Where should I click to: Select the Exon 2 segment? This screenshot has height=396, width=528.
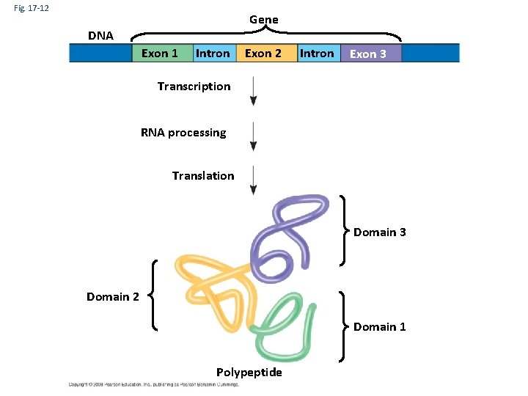pos(263,53)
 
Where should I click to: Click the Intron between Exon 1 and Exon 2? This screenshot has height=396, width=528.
pos(213,53)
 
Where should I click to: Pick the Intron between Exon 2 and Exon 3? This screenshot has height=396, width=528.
pos(318,53)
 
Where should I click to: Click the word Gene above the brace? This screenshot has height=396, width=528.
pos(263,19)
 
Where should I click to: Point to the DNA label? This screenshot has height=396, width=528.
pos(100,35)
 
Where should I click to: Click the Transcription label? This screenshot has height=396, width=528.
pos(194,87)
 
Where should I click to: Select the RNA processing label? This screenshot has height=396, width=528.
pos(183,133)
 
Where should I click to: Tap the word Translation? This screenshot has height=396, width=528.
pos(203,175)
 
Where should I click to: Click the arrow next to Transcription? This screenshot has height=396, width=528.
pos(253,92)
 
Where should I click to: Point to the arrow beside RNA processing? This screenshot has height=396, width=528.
pos(253,136)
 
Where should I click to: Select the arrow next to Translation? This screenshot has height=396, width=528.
pos(253,180)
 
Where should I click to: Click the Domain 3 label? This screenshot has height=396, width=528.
pos(379,232)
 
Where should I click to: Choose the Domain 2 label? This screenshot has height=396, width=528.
pos(112,296)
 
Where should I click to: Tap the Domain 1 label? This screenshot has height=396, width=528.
pos(379,327)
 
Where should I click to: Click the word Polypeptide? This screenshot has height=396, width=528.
pos(249,373)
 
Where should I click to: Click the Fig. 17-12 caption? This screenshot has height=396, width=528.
pos(29,8)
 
